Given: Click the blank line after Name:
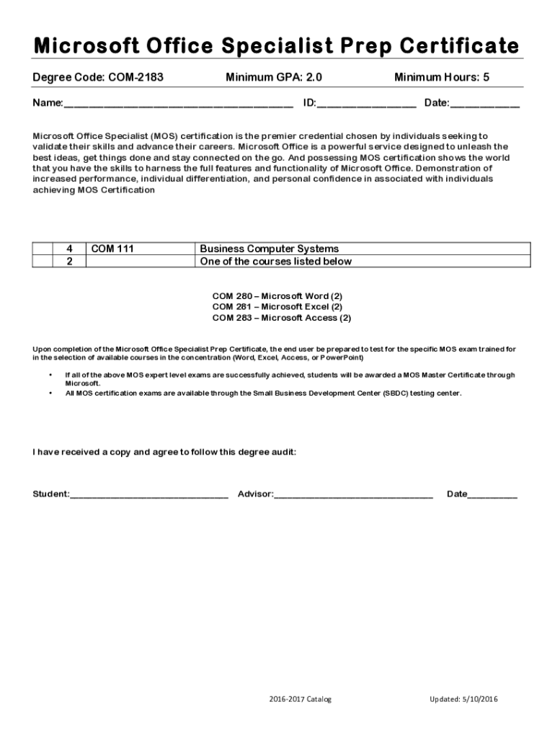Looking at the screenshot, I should click(x=178, y=104).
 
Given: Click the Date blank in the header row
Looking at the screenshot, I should click(x=484, y=104).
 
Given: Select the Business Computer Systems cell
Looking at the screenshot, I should click(x=269, y=249).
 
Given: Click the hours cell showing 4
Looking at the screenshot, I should click(x=69, y=249).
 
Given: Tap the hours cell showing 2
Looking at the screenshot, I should click(x=69, y=261).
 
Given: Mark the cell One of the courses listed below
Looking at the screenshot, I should click(x=275, y=261).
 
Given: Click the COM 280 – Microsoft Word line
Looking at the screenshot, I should click(x=277, y=296).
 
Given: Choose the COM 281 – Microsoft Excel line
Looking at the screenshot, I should click(x=277, y=307).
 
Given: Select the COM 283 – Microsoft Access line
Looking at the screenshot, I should click(x=281, y=318).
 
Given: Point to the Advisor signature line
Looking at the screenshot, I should click(x=353, y=495).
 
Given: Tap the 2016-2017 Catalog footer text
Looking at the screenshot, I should click(x=300, y=699).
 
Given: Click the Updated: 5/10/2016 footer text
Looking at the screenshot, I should click(x=463, y=699).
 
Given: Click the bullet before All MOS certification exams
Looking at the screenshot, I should click(x=50, y=394).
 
